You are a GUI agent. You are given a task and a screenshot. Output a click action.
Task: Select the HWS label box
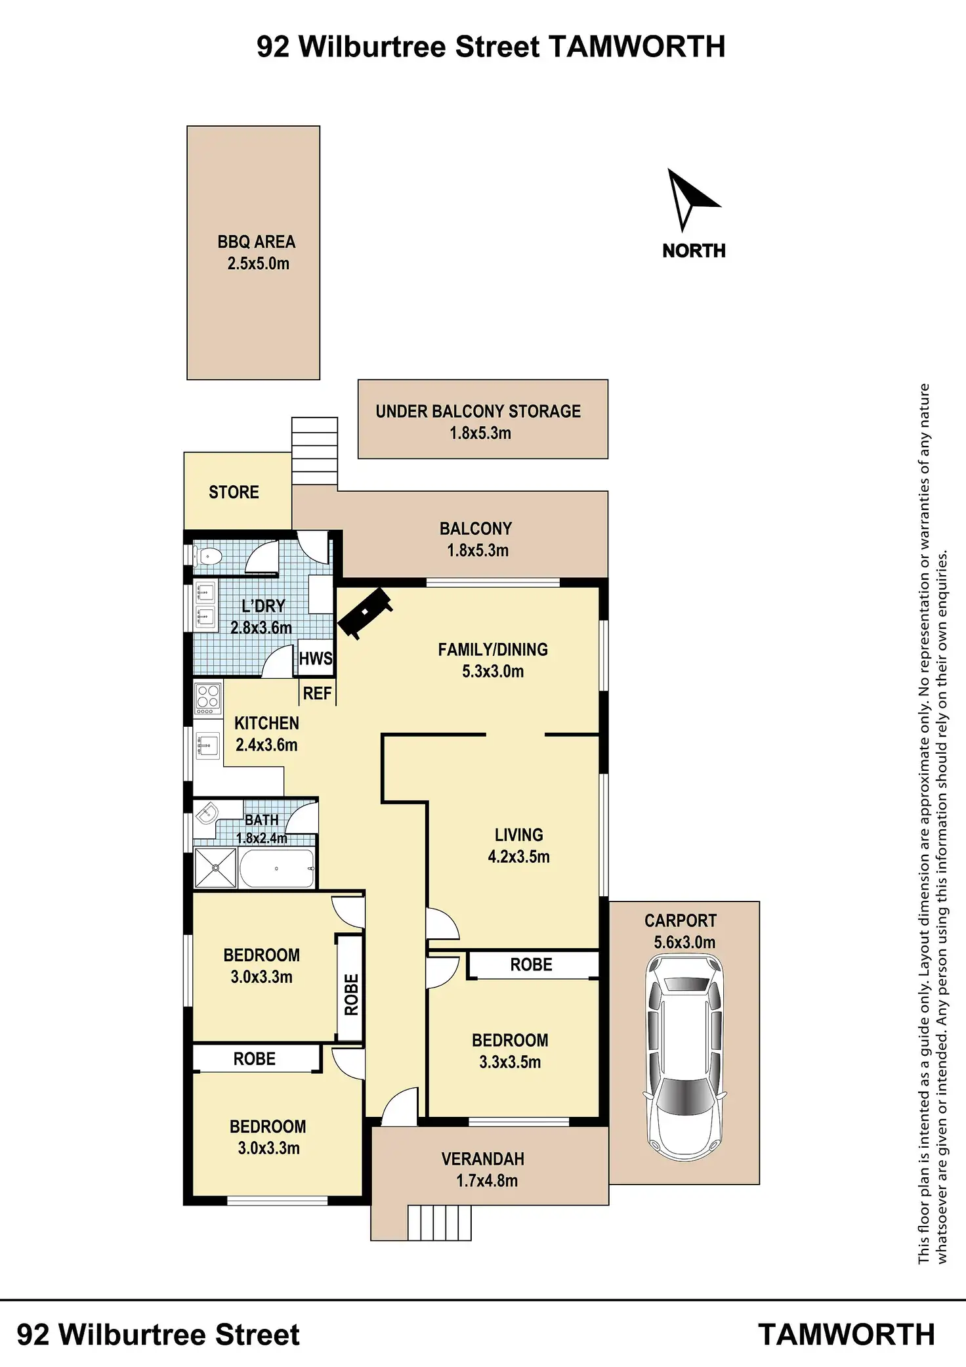[316, 659]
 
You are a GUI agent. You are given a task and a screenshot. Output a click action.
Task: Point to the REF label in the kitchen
[317, 693]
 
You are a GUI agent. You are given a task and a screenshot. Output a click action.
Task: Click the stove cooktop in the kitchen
[208, 699]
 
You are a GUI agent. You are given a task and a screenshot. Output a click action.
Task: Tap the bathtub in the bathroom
[276, 868]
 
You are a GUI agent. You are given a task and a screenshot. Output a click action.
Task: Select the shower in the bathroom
[215, 868]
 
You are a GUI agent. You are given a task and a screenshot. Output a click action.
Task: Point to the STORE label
[234, 492]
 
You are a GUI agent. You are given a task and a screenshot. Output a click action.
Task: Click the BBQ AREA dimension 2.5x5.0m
[258, 264]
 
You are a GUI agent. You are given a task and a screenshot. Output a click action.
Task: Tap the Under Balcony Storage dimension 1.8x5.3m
[480, 433]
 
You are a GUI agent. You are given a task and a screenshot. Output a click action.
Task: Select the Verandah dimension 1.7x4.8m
[487, 1181]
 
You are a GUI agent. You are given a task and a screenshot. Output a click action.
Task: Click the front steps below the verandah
[440, 1222]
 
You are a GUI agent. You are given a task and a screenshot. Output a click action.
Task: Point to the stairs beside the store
[314, 451]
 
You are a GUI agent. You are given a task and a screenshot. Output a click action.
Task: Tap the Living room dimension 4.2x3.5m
[518, 856]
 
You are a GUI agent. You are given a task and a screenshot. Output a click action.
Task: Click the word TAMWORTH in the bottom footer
[846, 1334]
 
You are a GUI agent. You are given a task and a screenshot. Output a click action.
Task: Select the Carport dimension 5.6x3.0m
[684, 942]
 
